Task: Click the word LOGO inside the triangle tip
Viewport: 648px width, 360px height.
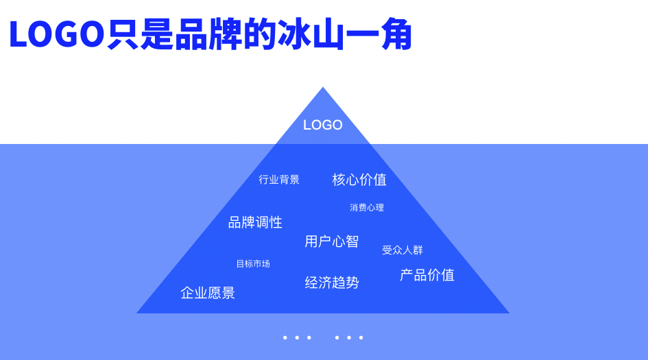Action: click(x=323, y=125)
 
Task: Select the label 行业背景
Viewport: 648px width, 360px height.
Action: click(x=279, y=180)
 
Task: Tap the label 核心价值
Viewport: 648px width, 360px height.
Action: click(x=359, y=180)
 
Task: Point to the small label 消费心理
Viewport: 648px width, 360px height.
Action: click(x=367, y=208)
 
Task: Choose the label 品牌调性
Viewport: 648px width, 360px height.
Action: click(x=255, y=222)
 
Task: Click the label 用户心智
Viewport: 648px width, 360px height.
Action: click(x=332, y=241)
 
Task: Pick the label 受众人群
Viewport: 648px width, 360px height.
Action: click(x=403, y=250)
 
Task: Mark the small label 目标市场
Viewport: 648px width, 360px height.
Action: click(x=253, y=264)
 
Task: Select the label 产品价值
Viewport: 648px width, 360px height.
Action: click(x=427, y=275)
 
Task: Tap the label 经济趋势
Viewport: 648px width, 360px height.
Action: click(x=332, y=283)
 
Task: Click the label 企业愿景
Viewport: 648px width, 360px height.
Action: click(x=208, y=293)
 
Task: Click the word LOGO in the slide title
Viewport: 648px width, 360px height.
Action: click(x=56, y=34)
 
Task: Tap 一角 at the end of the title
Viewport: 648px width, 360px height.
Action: click(x=379, y=34)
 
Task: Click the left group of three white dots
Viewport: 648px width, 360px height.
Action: click(x=297, y=337)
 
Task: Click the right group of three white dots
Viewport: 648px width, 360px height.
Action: click(x=349, y=337)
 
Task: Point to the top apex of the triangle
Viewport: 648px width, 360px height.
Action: click(x=323, y=88)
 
